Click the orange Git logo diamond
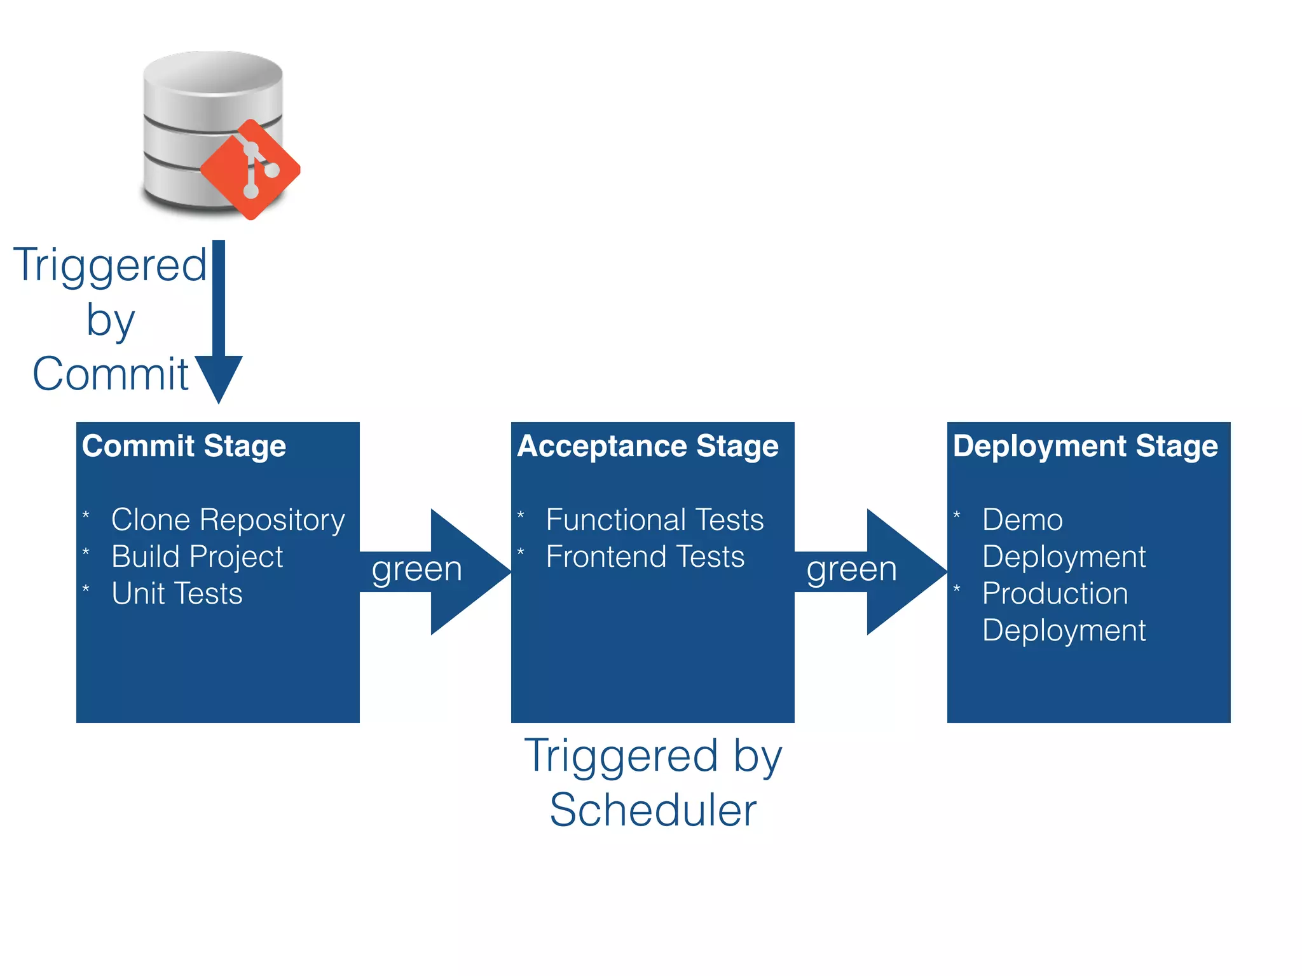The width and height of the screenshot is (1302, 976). [250, 169]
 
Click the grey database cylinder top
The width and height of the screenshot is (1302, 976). [213, 73]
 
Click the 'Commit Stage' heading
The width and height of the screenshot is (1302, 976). [184, 446]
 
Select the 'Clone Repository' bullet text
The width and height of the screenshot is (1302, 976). [228, 520]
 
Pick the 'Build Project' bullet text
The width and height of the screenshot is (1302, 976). [197, 557]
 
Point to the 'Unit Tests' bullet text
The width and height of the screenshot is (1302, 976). [177, 593]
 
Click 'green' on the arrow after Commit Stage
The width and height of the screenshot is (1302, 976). [416, 569]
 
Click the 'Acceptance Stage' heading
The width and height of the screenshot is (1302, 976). [648, 446]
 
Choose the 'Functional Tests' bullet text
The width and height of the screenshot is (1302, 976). [655, 520]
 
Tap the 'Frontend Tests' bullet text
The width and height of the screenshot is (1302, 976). [645, 557]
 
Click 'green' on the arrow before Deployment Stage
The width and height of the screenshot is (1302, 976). [851, 569]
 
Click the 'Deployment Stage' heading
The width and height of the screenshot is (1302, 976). [1085, 446]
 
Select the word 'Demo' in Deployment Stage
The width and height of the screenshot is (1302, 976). [1022, 520]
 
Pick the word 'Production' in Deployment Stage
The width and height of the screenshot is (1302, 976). [1055, 593]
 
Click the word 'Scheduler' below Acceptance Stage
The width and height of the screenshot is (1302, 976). [653, 810]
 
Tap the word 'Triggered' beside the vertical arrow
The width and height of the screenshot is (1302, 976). [110, 266]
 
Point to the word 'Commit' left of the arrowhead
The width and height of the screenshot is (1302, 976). [111, 374]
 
